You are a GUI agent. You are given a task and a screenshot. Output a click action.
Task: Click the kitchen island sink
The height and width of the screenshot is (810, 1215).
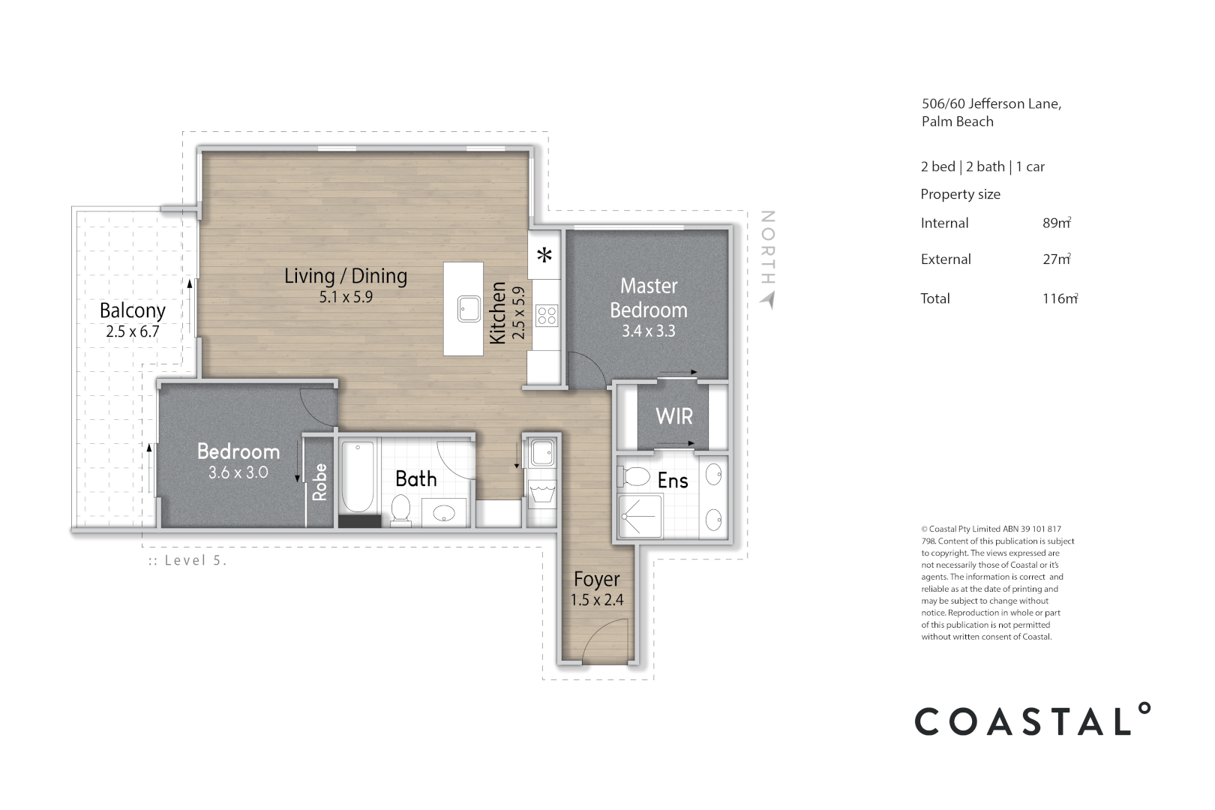(469, 308)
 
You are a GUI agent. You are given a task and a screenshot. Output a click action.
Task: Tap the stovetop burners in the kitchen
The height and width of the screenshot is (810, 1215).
(547, 315)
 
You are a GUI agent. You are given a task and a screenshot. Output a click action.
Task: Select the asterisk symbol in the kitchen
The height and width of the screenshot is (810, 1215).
(544, 255)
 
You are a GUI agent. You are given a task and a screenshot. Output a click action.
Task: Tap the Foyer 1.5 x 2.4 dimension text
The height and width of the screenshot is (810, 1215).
(597, 600)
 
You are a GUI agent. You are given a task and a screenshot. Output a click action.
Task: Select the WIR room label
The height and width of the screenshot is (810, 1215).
(673, 416)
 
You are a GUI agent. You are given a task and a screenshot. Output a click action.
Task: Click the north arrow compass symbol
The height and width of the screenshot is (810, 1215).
(766, 299)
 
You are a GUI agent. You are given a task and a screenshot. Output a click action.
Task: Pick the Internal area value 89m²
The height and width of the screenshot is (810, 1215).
(1056, 223)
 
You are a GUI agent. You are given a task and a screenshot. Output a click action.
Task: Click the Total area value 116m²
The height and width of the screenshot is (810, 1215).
(1059, 298)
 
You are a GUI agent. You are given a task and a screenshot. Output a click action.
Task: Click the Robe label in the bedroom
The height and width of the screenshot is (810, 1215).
(320, 482)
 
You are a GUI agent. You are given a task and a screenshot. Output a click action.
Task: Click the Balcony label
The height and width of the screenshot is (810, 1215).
(132, 310)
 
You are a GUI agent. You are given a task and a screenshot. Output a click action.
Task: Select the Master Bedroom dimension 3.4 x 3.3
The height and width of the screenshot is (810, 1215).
(649, 331)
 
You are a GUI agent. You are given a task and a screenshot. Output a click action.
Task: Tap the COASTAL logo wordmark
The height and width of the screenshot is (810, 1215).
(1032, 721)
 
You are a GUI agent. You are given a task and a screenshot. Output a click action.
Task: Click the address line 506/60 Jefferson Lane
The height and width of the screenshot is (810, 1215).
(991, 104)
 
